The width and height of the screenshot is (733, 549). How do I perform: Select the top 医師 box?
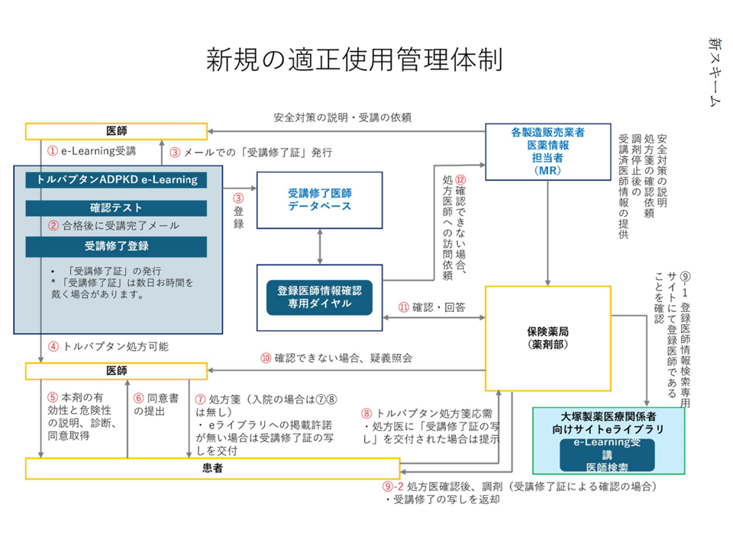(116, 130)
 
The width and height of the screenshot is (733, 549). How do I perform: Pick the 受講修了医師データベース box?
(319, 200)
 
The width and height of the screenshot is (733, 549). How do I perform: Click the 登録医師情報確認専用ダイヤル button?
(319, 297)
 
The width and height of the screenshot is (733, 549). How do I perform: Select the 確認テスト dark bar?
(116, 207)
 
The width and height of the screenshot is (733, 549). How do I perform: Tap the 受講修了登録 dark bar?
(116, 246)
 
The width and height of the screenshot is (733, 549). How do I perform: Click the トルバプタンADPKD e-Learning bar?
(116, 180)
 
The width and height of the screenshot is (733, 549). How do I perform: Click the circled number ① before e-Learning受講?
(53, 151)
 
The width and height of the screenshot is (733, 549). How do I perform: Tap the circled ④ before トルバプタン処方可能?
(53, 346)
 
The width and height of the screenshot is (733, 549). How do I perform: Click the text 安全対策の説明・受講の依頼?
(343, 117)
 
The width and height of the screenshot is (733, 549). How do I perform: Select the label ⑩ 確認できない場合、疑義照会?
(336, 357)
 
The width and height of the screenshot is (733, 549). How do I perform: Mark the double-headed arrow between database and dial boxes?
(319, 246)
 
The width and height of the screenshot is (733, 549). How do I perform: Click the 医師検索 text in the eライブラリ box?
(602, 467)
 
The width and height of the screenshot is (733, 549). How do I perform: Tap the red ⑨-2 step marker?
(392, 486)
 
